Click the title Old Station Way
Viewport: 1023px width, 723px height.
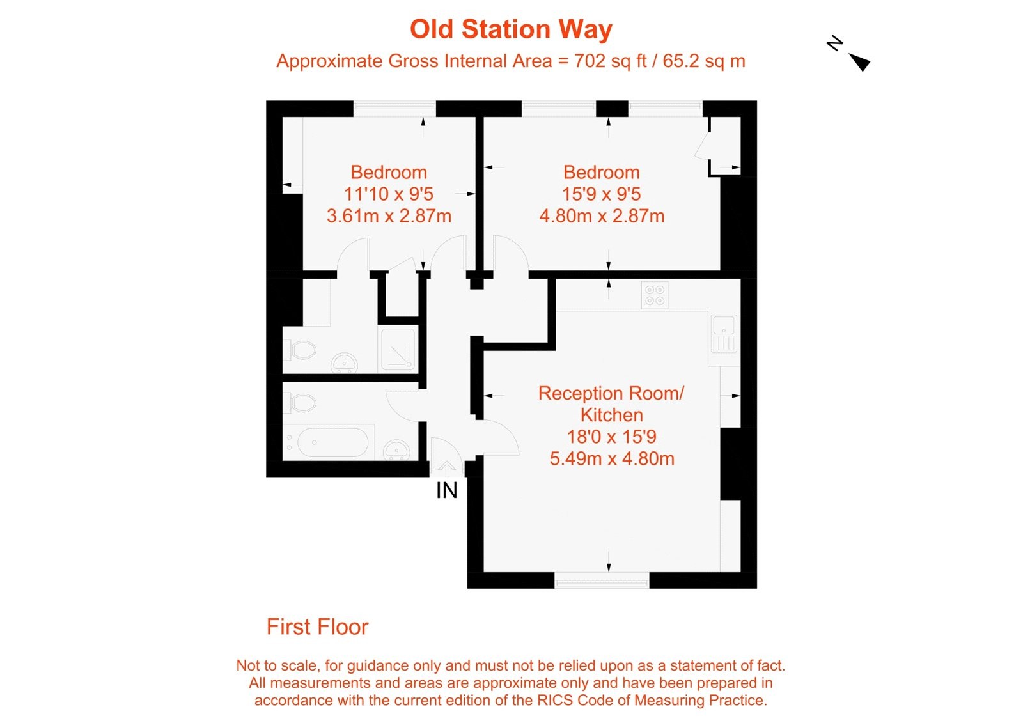(x=511, y=29)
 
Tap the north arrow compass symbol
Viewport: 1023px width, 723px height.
(x=851, y=54)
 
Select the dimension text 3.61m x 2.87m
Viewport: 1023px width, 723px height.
(x=389, y=216)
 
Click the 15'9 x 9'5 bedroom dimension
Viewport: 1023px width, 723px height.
(x=601, y=194)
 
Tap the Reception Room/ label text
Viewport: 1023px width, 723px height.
(x=611, y=393)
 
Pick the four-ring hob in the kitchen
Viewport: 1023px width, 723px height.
(x=655, y=295)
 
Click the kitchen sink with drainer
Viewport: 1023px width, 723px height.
(x=723, y=334)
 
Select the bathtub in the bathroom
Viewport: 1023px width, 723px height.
(x=332, y=442)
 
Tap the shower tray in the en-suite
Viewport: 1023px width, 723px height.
(x=398, y=348)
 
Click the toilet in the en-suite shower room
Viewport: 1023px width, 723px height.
(x=301, y=350)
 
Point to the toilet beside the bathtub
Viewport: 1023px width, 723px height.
(x=301, y=403)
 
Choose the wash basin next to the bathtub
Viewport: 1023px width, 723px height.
(x=397, y=450)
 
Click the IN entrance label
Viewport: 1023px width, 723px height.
(x=446, y=490)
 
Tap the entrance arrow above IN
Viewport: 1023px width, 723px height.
(x=446, y=469)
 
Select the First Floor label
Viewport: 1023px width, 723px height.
(x=317, y=627)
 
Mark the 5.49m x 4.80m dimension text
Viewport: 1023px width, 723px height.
(x=612, y=459)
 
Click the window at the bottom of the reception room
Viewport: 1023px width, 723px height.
(x=602, y=581)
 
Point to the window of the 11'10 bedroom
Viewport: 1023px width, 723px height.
(x=394, y=109)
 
